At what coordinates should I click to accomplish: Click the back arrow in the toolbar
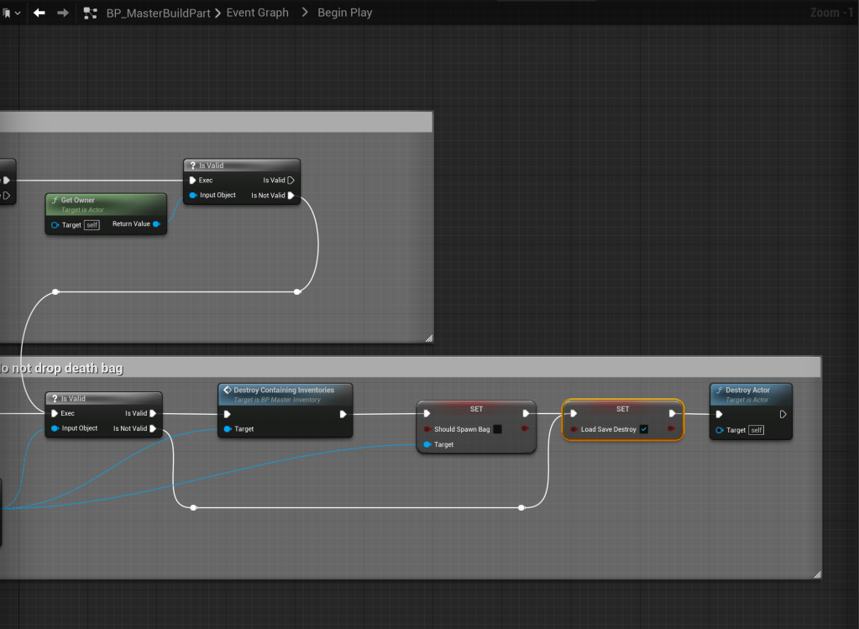tap(39, 13)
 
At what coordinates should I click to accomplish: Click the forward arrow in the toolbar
tap(62, 13)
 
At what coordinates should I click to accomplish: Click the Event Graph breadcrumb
tap(257, 13)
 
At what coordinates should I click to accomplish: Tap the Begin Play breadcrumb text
tap(344, 13)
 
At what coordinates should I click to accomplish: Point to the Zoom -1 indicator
tap(831, 13)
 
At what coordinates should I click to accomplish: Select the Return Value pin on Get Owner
tap(156, 224)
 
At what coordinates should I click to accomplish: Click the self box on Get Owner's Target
tap(92, 225)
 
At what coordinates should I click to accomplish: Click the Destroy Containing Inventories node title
tap(284, 390)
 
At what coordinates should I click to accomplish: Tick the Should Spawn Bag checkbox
tap(497, 429)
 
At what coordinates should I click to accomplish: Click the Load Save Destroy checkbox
tap(643, 429)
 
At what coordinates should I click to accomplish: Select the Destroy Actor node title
tap(747, 390)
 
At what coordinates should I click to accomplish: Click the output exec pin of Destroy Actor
tap(783, 414)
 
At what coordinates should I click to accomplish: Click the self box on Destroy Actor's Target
tap(757, 430)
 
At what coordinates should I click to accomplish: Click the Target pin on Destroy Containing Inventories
tap(227, 429)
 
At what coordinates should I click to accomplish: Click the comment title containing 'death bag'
tap(63, 368)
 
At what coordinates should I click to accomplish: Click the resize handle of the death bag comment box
tap(817, 574)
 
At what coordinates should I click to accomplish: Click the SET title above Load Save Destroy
tap(622, 409)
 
